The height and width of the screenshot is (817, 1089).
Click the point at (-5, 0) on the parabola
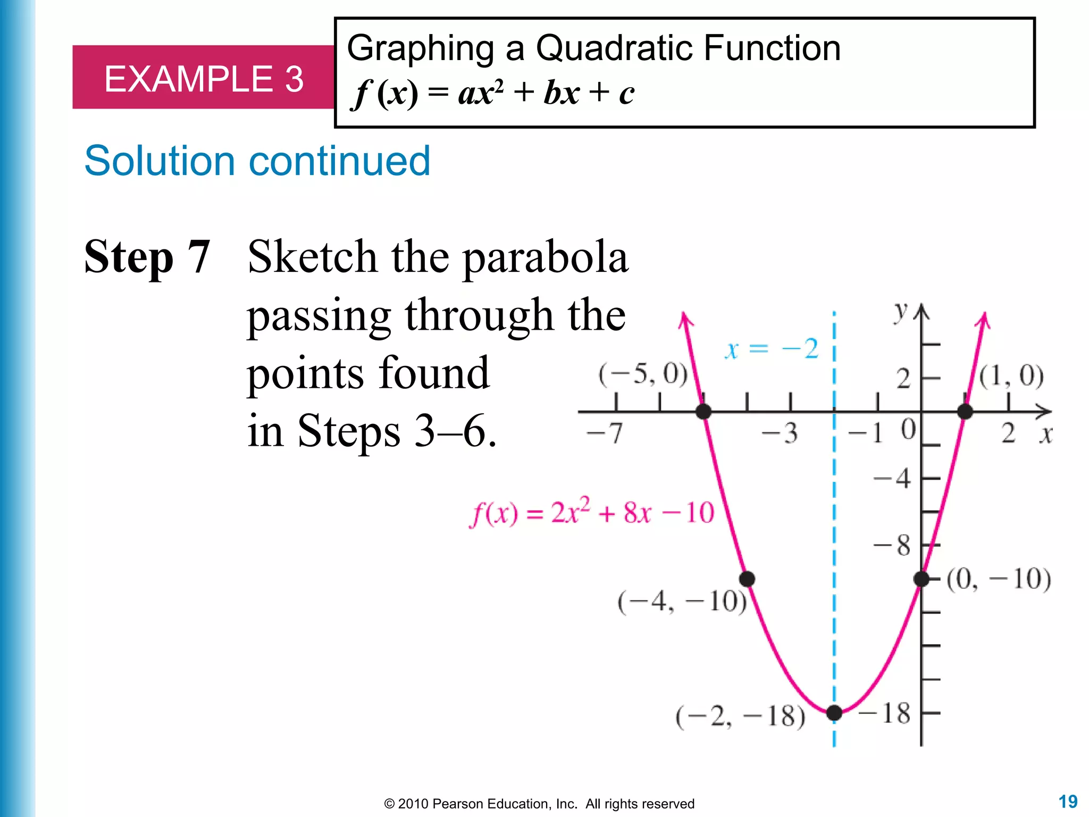coord(703,411)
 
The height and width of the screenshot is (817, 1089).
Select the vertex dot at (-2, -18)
coord(834,713)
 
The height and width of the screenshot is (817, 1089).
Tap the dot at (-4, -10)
coord(747,579)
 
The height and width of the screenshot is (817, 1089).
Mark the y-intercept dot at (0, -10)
coord(922,579)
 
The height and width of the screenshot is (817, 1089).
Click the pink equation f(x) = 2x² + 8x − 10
coord(591,512)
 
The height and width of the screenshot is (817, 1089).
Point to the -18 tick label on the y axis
coord(885,713)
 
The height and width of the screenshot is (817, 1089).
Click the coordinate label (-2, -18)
coord(740,716)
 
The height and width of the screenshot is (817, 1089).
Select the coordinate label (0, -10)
coord(999,579)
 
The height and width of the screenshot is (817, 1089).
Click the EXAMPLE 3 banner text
coord(204,79)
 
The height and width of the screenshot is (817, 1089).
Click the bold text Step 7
coord(147,257)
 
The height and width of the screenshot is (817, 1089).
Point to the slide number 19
coord(1068,802)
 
